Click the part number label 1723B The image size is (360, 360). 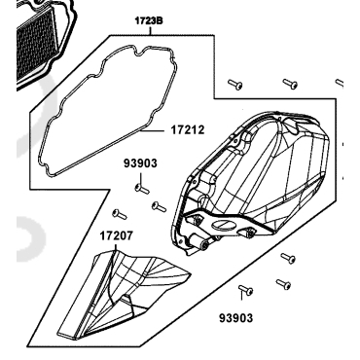[149, 21]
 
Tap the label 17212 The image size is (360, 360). [188, 130]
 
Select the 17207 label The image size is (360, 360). [116, 235]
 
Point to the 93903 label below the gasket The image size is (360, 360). [140, 163]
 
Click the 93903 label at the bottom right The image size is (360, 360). [235, 318]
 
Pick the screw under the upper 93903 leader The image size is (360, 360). [142, 189]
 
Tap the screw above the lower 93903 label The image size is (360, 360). [245, 290]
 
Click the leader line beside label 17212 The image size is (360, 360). [155, 130]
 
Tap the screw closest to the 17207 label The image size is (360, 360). [120, 214]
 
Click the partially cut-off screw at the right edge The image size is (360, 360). [340, 83]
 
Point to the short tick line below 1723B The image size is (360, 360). [150, 30]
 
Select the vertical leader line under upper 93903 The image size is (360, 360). [141, 178]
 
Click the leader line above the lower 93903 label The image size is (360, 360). [241, 295]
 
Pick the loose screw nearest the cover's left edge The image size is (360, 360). [159, 206]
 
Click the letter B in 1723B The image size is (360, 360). [159, 21]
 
